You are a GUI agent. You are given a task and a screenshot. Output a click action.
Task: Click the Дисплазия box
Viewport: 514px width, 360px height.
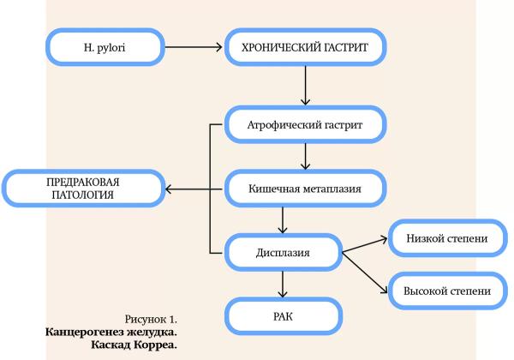pos(283,253)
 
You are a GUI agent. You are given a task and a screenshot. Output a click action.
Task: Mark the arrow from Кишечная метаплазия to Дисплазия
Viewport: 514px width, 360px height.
pos(283,221)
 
